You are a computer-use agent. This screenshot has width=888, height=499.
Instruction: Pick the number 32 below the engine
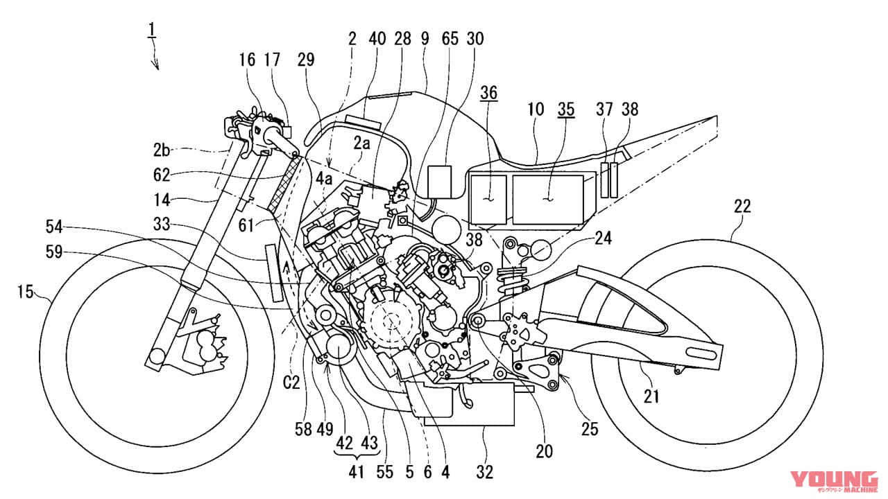[x=485, y=473]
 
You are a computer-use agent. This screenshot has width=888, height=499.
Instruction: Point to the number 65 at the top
[x=450, y=40]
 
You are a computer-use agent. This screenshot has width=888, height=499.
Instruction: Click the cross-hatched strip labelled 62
[x=284, y=184]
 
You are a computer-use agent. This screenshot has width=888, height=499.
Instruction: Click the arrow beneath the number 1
[x=156, y=62]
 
